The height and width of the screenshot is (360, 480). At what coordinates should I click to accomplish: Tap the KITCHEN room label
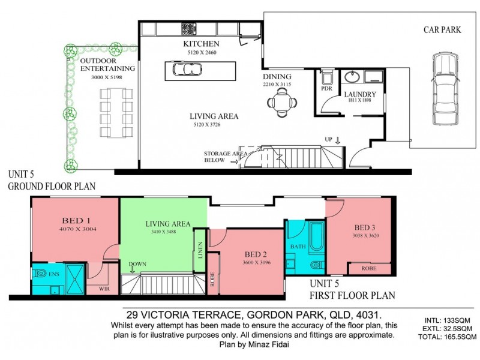tap(201, 44)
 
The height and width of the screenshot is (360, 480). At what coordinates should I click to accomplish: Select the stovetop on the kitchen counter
tap(188, 28)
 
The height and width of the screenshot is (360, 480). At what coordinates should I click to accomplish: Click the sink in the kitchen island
tap(187, 70)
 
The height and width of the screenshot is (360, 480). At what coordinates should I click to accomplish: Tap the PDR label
tap(326, 88)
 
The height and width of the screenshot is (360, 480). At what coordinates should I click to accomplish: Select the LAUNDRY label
tap(360, 94)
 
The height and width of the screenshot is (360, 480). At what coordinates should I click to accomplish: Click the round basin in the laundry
tap(351, 77)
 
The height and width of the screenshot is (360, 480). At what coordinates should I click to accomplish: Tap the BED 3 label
tap(366, 227)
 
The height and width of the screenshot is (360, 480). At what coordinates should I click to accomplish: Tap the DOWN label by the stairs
tap(137, 263)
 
